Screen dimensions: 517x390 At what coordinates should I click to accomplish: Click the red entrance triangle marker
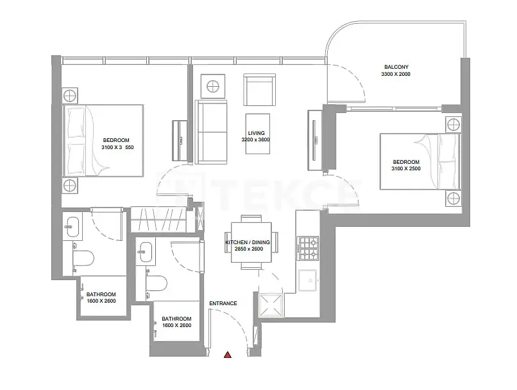[x=228, y=355]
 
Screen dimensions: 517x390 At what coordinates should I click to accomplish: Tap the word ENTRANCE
[x=223, y=303]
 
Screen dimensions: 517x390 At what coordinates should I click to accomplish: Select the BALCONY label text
[x=396, y=67]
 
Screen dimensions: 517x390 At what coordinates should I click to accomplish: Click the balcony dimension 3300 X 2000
[x=396, y=74]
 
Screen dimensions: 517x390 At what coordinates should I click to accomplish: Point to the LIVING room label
[x=256, y=133]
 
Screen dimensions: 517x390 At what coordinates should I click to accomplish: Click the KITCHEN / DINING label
[x=248, y=242]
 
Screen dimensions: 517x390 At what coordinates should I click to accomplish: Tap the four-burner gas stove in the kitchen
[x=309, y=248]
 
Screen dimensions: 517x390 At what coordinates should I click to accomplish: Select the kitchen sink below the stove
[x=308, y=281]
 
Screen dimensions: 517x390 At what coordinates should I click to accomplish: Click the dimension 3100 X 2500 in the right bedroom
[x=406, y=168]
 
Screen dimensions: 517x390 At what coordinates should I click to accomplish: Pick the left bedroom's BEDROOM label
[x=116, y=140]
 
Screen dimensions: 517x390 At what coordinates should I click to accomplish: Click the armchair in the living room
[x=260, y=90]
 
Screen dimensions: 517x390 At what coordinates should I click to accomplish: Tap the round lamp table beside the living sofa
[x=213, y=87]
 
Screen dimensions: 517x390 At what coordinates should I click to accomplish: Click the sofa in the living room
[x=211, y=132]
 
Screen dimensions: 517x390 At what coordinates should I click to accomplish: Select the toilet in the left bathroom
[x=83, y=258]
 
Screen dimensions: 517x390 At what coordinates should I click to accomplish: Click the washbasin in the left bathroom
[x=72, y=227]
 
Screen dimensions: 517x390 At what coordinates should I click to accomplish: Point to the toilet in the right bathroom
[x=156, y=284]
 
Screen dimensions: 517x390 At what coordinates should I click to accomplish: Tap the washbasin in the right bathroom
[x=146, y=253]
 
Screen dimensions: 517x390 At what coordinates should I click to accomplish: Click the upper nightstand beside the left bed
[x=70, y=96]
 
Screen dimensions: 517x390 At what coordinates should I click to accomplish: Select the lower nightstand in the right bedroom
[x=453, y=199]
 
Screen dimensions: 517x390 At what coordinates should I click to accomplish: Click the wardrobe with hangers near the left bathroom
[x=158, y=219]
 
